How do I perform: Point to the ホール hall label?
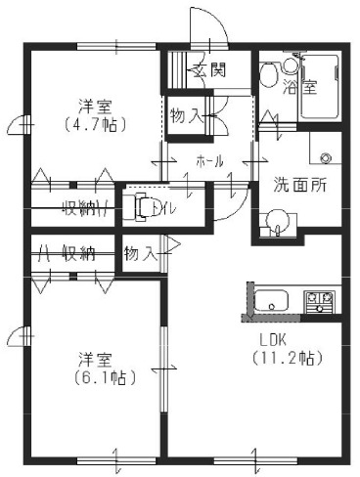(x=210, y=160)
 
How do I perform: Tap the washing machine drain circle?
(x=326, y=156)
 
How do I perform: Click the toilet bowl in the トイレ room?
(x=143, y=205)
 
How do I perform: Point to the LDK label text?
(x=277, y=339)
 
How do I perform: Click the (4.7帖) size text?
(x=94, y=125)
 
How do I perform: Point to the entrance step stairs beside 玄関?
(x=176, y=70)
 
